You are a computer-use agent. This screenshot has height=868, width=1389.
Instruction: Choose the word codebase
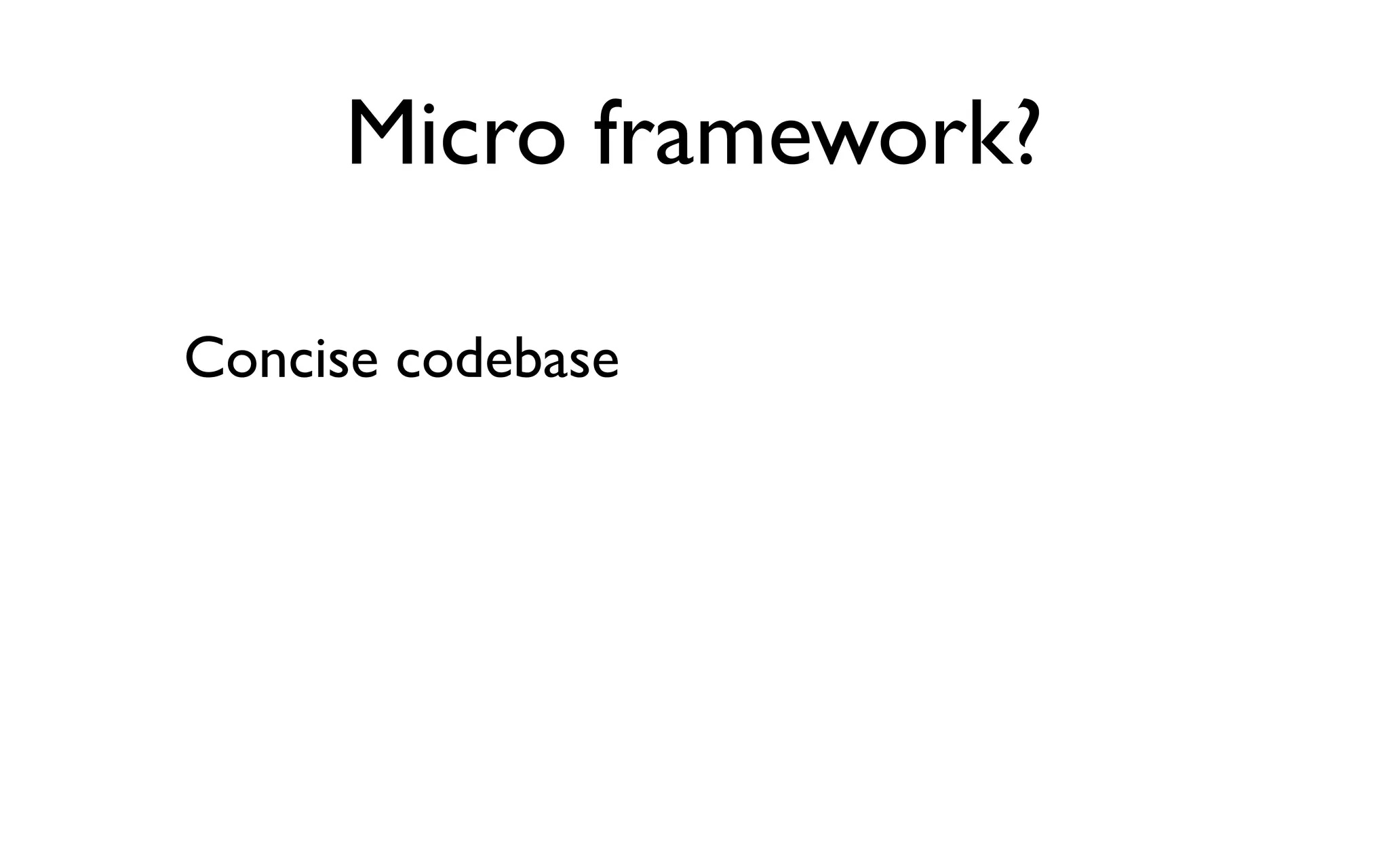coord(507,359)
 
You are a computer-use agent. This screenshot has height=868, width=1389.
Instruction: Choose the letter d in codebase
coord(468,359)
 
